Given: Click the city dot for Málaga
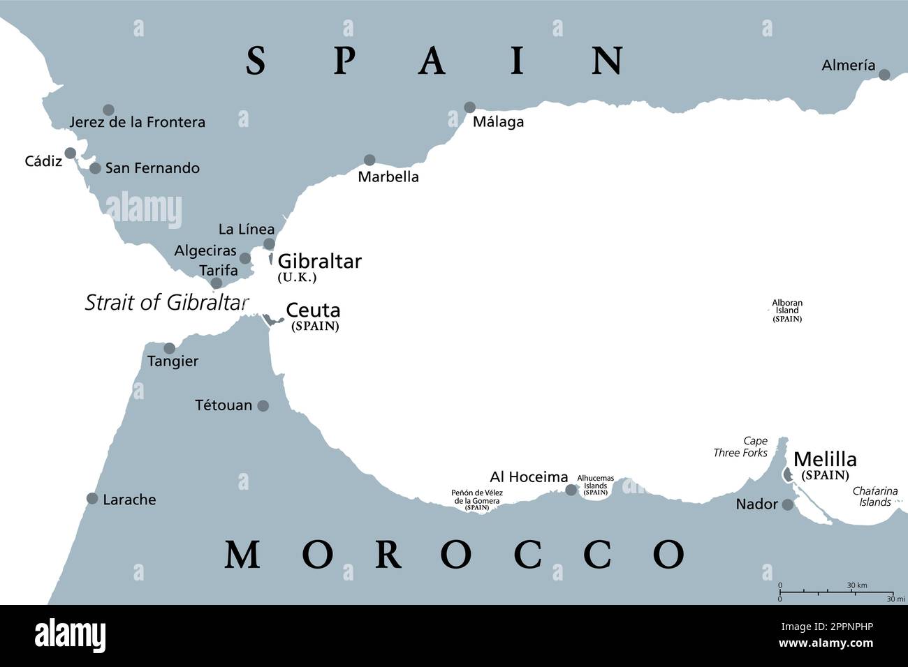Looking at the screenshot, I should [469, 107].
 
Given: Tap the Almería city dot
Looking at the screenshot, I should [884, 75].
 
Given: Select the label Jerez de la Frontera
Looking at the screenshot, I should [138, 122].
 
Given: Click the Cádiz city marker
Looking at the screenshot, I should [70, 153].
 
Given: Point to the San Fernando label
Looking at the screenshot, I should [152, 168].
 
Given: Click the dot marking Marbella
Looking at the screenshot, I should [369, 160].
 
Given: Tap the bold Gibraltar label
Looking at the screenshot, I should [320, 262].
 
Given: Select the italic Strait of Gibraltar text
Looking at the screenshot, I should [166, 302].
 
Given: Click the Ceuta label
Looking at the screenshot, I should [313, 310].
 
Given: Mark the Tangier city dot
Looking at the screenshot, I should [169, 348].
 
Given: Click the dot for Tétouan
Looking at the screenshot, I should [263, 405].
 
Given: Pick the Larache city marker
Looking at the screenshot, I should [92, 498].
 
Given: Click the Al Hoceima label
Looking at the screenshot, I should [529, 477].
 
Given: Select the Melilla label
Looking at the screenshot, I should [825, 459].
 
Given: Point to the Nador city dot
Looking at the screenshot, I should [788, 504].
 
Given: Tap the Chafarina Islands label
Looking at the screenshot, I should [875, 496].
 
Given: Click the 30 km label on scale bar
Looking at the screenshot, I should [857, 585].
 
